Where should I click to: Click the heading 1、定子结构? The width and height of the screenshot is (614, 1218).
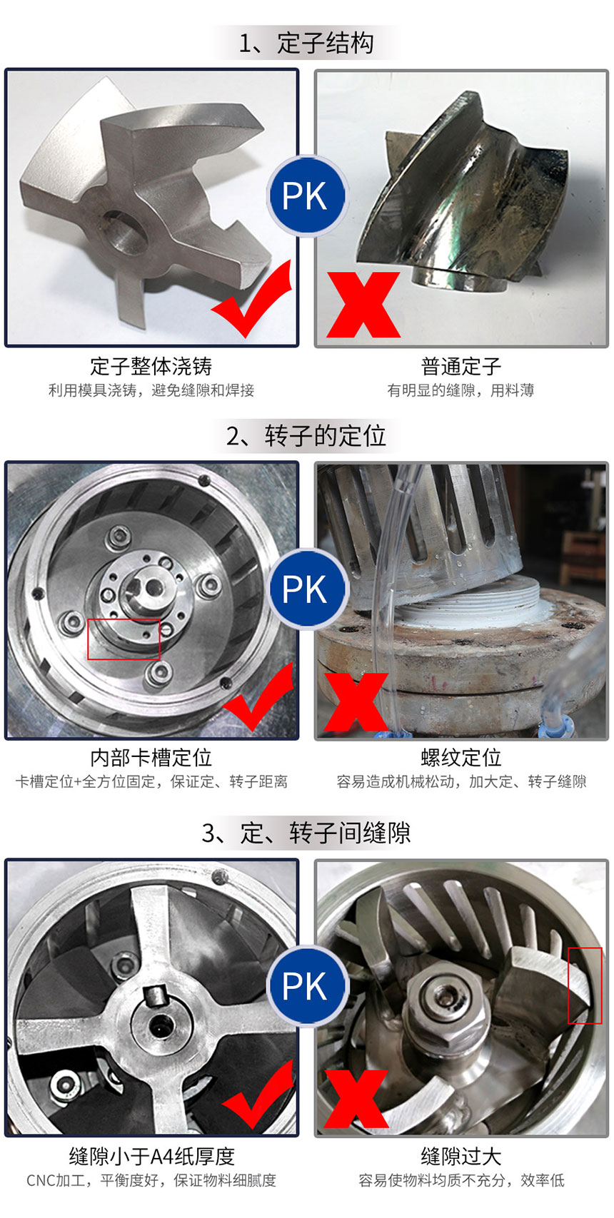[306, 43]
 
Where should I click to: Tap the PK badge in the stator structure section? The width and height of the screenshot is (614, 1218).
[307, 196]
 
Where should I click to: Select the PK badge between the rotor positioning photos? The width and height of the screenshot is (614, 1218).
[307, 589]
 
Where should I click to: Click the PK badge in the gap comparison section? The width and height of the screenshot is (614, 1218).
[307, 986]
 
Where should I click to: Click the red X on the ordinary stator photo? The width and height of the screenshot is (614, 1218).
[363, 305]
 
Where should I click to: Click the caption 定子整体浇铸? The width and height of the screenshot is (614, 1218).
[151, 366]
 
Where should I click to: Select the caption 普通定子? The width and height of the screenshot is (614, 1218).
[461, 366]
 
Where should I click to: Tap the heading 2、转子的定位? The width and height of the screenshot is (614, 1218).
[306, 435]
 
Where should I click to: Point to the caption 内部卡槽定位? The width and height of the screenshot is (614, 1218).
[151, 757]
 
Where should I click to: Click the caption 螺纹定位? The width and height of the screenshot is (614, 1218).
[461, 757]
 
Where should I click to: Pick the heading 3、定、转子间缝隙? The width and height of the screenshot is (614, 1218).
[306, 833]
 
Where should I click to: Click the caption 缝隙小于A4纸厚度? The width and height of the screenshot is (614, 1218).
[152, 1157]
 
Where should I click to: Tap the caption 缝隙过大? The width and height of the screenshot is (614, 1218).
[461, 1157]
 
